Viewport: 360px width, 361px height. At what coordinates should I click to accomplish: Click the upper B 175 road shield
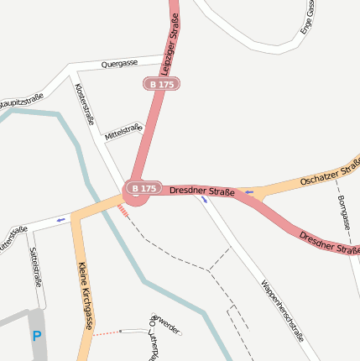(x=161, y=84)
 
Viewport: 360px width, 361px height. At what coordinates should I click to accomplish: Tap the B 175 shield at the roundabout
(x=142, y=188)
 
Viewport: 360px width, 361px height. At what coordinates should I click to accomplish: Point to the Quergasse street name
(x=118, y=64)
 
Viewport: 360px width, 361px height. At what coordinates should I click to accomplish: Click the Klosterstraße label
(x=85, y=104)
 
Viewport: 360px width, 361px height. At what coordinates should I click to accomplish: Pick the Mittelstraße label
(x=123, y=132)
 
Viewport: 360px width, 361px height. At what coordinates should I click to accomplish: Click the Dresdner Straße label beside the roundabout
(x=201, y=191)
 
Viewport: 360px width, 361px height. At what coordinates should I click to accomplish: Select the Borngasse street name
(x=344, y=213)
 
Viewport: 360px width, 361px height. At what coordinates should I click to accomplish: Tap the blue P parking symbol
(x=36, y=336)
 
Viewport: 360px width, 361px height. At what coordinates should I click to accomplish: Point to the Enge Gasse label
(x=308, y=17)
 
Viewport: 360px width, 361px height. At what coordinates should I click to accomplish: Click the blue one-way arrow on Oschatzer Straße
(x=248, y=193)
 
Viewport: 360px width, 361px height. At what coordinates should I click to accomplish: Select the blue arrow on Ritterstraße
(x=60, y=220)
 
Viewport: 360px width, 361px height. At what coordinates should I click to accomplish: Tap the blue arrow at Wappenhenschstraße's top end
(x=204, y=200)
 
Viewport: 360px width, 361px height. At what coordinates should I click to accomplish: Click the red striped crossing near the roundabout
(x=123, y=211)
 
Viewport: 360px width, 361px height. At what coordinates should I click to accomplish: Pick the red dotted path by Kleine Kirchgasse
(x=106, y=333)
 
